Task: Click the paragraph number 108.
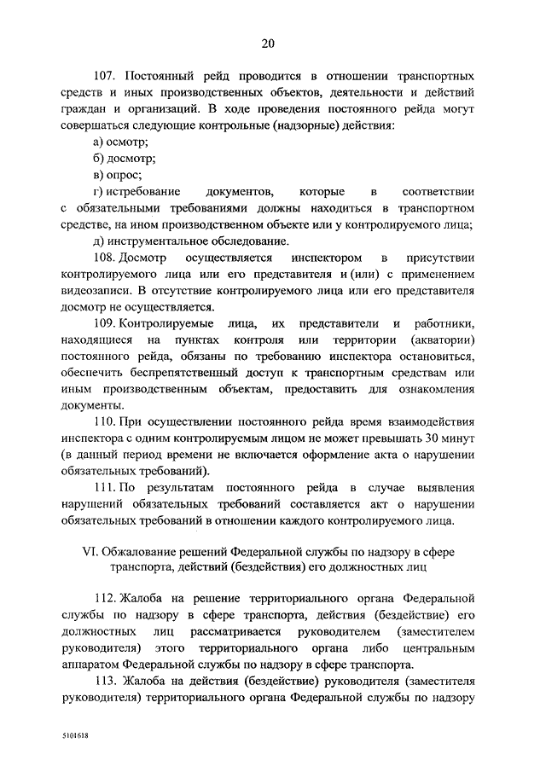click(x=106, y=258)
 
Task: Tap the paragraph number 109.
click(x=106, y=323)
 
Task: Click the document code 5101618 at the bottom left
click(x=75, y=734)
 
